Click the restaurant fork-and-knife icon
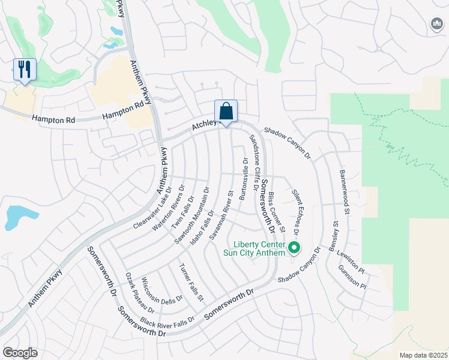pos(25,70)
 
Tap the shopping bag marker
pos(226,112)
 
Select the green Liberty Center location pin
pos(294,247)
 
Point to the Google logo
pos(20,353)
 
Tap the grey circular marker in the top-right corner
pos(436,24)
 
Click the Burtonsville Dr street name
pos(244,179)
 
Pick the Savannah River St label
pos(221,215)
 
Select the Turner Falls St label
pos(192,282)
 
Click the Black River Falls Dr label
pos(167,322)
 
